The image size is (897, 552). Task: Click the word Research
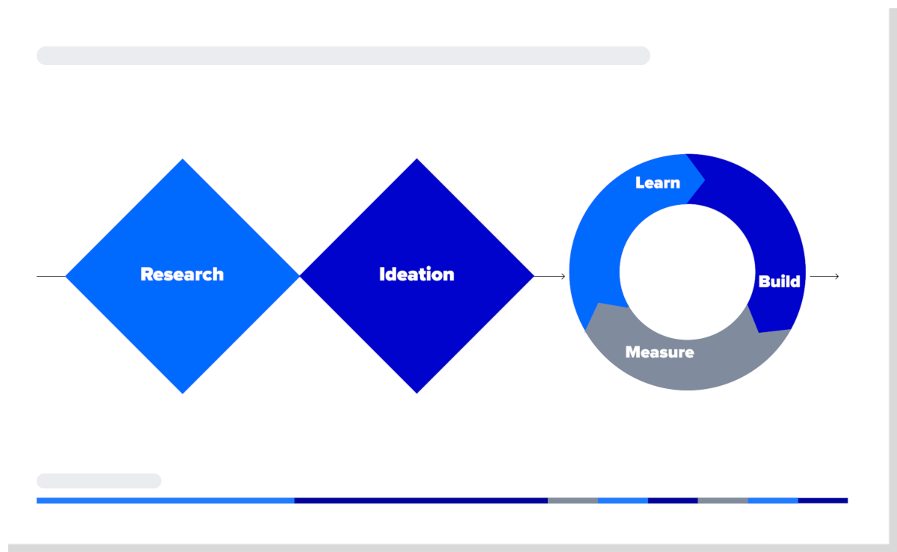coord(182,275)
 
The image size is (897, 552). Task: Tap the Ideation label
coord(416,275)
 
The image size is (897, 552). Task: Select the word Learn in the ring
coord(657,183)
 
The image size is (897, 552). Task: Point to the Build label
coord(779,282)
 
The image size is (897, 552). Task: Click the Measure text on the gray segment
coord(659,352)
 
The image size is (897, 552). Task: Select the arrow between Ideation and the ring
coord(550,277)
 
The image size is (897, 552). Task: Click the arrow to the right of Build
coord(824,277)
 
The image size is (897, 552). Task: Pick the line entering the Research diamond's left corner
coord(51,277)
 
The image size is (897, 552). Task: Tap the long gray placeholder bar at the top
coord(343,55)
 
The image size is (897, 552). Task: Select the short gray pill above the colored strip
coord(99,481)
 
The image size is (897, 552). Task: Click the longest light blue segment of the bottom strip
coord(165,500)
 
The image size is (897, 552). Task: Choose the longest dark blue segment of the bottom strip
coord(421,500)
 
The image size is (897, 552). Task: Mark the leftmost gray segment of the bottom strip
coord(573,500)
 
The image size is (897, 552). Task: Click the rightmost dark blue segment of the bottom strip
coord(823,500)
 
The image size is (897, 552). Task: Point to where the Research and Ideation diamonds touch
coord(300,276)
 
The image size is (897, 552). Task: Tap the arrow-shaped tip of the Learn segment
coord(702,178)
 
